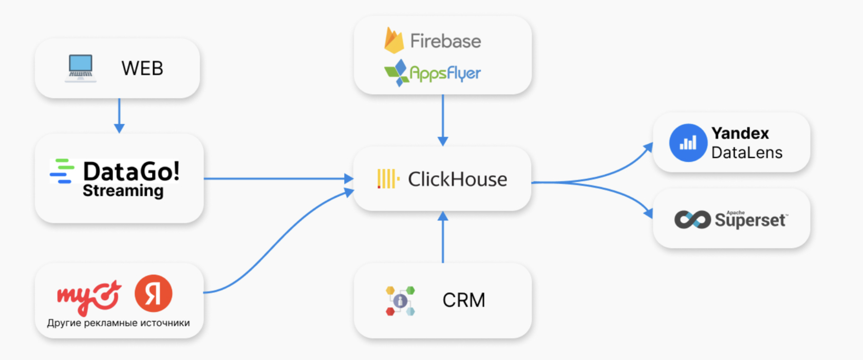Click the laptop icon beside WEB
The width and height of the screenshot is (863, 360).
click(x=80, y=68)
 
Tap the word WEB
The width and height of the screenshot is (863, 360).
click(x=142, y=68)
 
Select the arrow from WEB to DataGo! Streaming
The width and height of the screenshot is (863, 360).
click(x=119, y=116)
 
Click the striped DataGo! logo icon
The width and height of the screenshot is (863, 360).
click(x=62, y=172)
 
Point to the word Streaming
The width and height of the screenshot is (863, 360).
click(x=123, y=191)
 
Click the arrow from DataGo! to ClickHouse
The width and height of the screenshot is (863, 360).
click(x=278, y=178)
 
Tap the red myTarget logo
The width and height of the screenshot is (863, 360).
click(x=89, y=296)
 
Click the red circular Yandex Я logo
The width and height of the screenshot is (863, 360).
click(x=153, y=293)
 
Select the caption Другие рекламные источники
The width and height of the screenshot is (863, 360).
click(x=118, y=323)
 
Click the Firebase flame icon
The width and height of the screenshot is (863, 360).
click(x=393, y=40)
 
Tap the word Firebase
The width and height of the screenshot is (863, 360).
click(x=445, y=41)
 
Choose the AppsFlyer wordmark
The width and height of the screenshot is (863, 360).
click(x=445, y=73)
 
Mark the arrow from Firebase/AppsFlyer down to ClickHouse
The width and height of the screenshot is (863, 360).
click(x=443, y=120)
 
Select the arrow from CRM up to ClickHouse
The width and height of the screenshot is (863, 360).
click(x=443, y=237)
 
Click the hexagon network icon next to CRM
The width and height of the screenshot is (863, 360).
click(x=400, y=301)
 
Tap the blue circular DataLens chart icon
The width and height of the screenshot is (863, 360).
click(x=688, y=143)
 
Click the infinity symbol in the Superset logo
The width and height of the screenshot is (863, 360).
click(x=692, y=220)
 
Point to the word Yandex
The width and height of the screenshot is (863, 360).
click(x=740, y=133)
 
